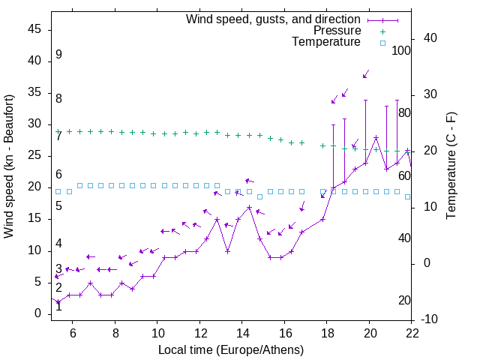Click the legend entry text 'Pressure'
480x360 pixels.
pos(337,31)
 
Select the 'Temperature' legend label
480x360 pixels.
pos(326,42)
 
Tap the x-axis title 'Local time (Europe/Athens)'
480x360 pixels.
pos(231,349)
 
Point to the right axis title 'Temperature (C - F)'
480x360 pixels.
pos(451,166)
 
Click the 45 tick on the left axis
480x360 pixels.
pos(34,29)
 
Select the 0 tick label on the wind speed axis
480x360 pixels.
pos(37,314)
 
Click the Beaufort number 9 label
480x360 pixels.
pos(58,55)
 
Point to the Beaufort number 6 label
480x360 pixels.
pos(58,175)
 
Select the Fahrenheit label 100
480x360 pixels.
pos(402,51)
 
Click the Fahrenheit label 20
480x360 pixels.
pos(404,301)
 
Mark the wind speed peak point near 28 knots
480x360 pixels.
pos(376,137)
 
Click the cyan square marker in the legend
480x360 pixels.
pos(382,43)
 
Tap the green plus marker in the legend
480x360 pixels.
pos(382,31)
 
